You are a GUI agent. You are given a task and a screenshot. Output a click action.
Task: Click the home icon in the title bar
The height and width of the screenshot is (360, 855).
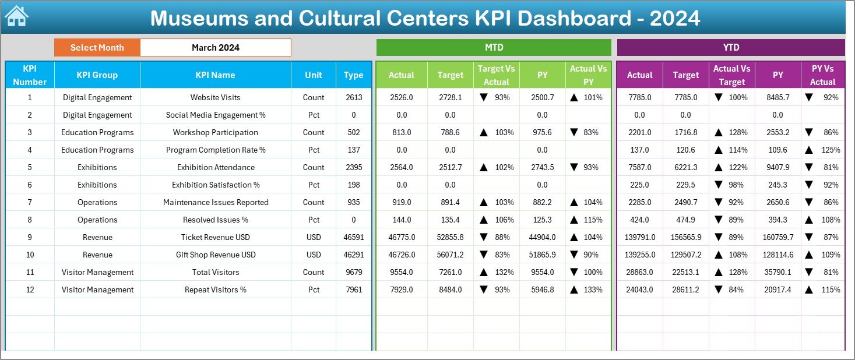16,16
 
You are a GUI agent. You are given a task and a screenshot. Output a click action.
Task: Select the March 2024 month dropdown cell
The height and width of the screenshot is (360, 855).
215,48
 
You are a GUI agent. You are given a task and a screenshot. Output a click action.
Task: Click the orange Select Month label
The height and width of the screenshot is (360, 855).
97,48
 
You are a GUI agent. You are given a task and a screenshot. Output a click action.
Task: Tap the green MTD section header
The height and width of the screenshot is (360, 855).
494,48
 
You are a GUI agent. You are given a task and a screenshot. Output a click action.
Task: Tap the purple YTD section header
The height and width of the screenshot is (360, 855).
730,48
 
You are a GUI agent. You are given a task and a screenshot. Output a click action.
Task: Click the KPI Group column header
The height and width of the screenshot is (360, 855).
97,75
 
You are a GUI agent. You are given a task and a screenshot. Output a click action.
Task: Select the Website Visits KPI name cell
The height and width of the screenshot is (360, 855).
215,97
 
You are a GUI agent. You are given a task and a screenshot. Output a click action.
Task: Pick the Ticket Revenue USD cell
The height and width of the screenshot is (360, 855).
215,237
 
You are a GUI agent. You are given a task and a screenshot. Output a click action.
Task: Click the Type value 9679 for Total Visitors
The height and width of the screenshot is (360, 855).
353,272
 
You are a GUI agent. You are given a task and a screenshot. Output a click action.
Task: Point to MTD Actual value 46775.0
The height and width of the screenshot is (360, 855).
401,237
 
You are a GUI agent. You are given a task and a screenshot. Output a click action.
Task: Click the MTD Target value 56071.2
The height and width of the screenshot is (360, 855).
450,255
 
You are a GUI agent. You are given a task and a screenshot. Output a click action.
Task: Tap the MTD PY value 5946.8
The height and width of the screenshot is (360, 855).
542,290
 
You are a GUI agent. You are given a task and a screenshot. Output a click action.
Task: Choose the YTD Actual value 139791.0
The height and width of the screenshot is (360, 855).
639,237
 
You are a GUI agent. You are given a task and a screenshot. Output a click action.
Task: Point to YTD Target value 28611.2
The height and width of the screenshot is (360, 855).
685,290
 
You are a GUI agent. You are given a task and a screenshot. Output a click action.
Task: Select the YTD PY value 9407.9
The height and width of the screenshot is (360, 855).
777,167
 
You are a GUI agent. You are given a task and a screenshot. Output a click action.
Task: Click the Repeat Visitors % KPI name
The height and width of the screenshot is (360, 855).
215,290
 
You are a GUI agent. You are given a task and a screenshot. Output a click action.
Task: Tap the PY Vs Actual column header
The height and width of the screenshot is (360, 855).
822,75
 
